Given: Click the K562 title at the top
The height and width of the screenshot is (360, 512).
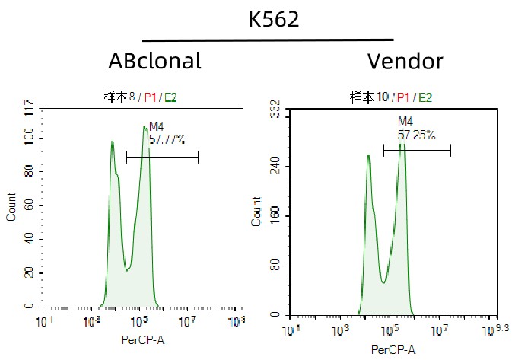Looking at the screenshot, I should [x=273, y=19].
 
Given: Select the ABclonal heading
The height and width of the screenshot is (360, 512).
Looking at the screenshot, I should [x=155, y=61].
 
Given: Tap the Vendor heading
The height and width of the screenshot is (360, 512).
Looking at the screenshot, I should [x=405, y=61].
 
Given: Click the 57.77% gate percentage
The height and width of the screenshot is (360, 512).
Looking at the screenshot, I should [x=167, y=139].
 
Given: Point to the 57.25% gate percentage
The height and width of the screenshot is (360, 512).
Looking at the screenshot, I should [x=416, y=134].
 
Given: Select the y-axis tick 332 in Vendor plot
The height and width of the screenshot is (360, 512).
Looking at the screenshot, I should [x=276, y=111].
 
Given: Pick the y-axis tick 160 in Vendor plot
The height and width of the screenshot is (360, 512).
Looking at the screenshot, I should [x=276, y=215].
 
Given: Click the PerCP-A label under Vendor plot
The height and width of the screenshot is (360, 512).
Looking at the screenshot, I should [x=393, y=349].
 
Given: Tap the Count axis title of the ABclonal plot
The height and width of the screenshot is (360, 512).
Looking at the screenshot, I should [x=11, y=206].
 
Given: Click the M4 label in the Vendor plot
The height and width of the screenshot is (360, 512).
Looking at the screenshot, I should [x=405, y=122].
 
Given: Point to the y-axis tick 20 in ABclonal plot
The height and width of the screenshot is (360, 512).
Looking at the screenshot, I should [x=29, y=272].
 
